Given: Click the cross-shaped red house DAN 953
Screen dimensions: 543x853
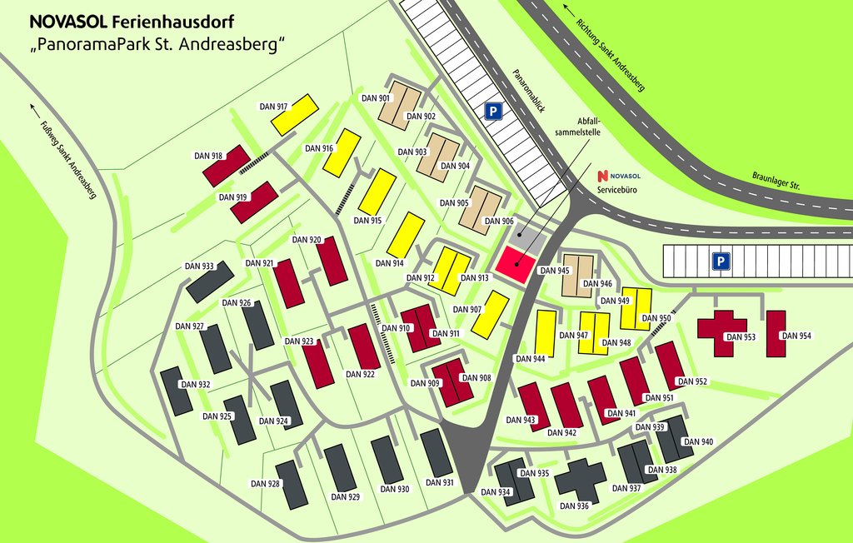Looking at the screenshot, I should click(x=721, y=331).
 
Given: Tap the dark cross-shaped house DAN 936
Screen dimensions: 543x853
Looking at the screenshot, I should click(x=581, y=479).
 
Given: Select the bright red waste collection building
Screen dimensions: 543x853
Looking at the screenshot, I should click(x=516, y=264).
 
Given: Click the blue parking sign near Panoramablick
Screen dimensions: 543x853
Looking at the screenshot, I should click(x=494, y=111).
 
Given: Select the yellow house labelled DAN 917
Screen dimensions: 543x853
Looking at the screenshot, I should click(x=296, y=115).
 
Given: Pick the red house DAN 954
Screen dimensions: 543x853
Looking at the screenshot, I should click(x=776, y=333).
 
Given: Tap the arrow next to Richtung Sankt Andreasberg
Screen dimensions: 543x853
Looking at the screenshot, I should click(x=570, y=11).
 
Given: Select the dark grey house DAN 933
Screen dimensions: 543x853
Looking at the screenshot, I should click(x=204, y=282).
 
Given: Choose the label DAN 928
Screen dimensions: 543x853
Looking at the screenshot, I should click(x=265, y=483).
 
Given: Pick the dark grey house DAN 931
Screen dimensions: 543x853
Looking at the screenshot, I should click(x=436, y=454).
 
